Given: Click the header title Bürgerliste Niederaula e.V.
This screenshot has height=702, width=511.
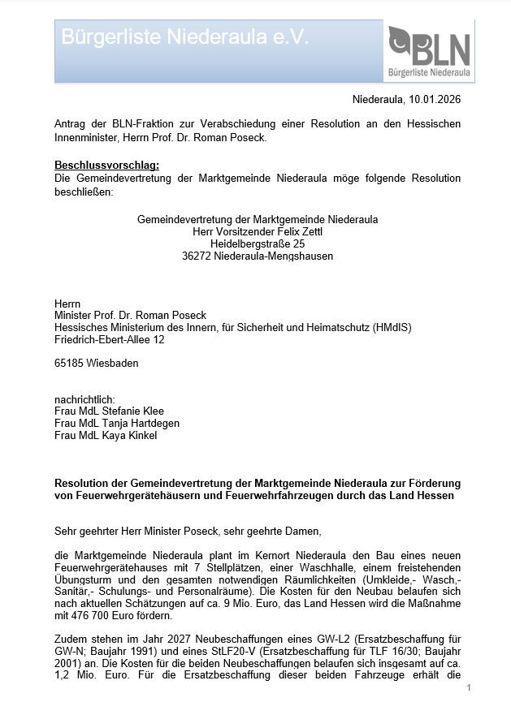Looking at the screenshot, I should (185, 37).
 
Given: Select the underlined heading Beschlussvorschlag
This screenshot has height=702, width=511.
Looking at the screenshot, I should (106, 166).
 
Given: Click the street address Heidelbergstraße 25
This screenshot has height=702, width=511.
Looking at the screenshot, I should (258, 243).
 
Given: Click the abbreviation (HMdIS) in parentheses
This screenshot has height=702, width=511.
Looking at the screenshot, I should (392, 327).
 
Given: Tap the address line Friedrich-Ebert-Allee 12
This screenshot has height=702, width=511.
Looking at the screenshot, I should (109, 339).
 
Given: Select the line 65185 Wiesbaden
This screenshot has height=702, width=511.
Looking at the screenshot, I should (96, 363).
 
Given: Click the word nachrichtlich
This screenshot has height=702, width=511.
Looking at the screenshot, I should (84, 399).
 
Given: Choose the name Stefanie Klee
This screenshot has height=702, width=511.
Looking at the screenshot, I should (128, 411).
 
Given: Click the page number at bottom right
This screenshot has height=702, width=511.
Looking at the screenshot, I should (470, 688).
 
